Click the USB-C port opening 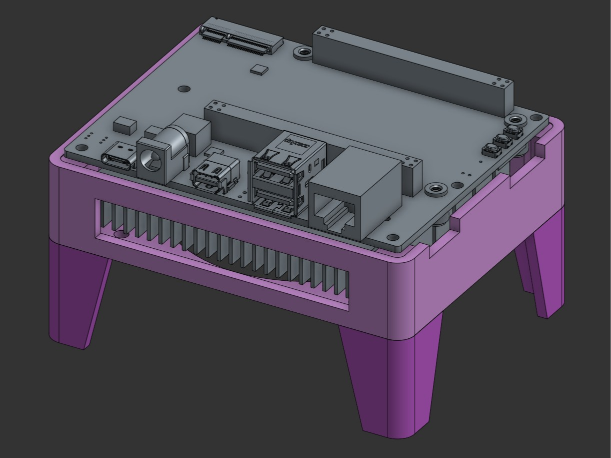coord(119,158)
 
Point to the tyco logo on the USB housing coord(297,143)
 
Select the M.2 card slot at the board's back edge coord(241,37)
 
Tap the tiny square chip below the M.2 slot coord(258,69)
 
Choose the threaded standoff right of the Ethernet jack coord(435,189)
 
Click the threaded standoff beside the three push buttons coord(515,120)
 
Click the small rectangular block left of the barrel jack coord(125,126)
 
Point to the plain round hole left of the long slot coord(184,88)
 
